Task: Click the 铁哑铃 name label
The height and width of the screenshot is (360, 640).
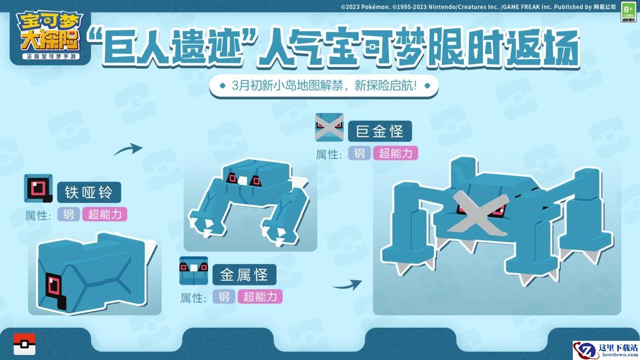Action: [89, 192]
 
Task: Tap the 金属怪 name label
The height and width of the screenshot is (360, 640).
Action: [244, 275]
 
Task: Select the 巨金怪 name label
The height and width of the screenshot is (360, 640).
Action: [380, 131]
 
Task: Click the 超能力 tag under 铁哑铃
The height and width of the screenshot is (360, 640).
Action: [105, 215]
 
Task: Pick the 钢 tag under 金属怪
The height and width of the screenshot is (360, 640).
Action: [224, 296]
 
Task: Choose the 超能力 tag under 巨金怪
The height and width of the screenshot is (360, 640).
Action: [396, 153]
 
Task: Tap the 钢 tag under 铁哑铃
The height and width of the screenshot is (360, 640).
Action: [69, 215]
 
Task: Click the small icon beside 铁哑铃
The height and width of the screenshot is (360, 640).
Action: [38, 188]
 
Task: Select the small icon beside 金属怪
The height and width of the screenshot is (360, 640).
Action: [193, 271]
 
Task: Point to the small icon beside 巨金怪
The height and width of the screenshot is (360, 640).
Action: [329, 127]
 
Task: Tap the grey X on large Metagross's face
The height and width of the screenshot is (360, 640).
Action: [478, 215]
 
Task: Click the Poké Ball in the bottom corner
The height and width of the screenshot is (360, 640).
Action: [25, 344]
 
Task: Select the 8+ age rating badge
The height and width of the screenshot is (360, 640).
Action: [628, 12]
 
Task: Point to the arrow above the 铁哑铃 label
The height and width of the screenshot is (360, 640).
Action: [128, 149]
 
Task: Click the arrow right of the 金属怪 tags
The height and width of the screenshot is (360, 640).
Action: [348, 285]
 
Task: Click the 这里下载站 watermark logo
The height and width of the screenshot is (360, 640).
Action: [606, 350]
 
